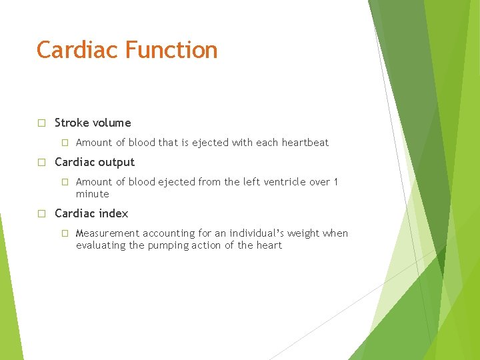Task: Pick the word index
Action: tap(113, 213)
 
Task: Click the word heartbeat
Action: tap(305, 143)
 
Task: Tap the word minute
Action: tap(92, 194)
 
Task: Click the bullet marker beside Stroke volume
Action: tap(41, 123)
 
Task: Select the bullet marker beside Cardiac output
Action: tap(41, 162)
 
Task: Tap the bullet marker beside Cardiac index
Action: tap(41, 213)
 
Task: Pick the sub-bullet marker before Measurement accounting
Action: tap(65, 233)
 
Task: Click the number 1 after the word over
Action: tap(336, 182)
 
